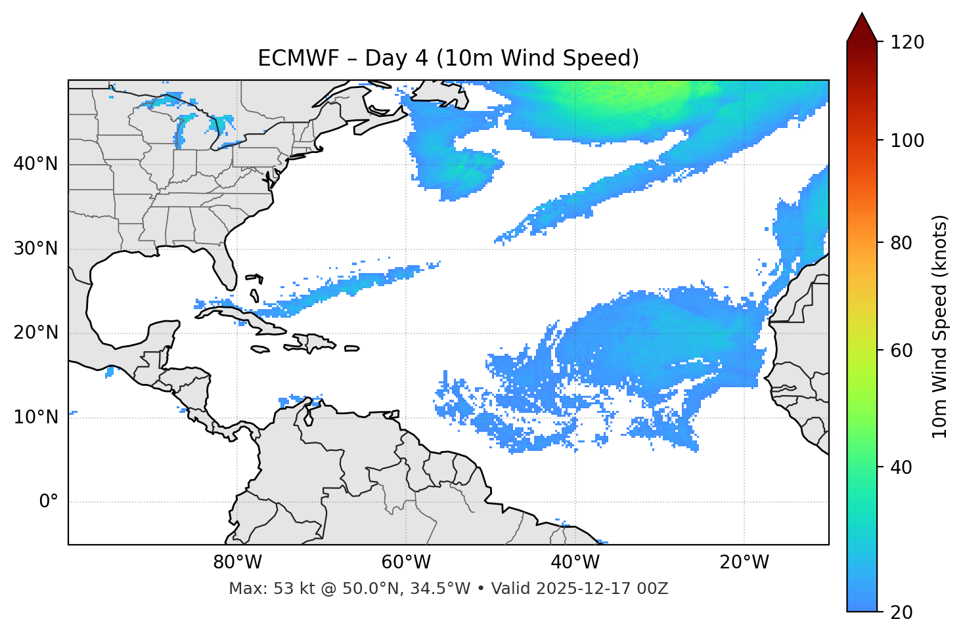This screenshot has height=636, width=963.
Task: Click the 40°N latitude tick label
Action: [35, 164]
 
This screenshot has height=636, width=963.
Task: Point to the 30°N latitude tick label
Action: [35, 249]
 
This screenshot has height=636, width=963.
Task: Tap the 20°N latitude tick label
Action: [35, 333]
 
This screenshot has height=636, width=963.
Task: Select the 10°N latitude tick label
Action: [35, 417]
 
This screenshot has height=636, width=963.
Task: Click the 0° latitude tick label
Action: [48, 502]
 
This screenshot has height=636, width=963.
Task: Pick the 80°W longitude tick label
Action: [237, 562]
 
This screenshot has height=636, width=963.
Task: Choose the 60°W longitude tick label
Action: [406, 562]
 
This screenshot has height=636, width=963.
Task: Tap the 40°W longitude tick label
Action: [575, 562]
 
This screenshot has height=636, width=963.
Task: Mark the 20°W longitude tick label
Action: [744, 562]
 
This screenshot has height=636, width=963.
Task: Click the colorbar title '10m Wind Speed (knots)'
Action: [940, 327]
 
